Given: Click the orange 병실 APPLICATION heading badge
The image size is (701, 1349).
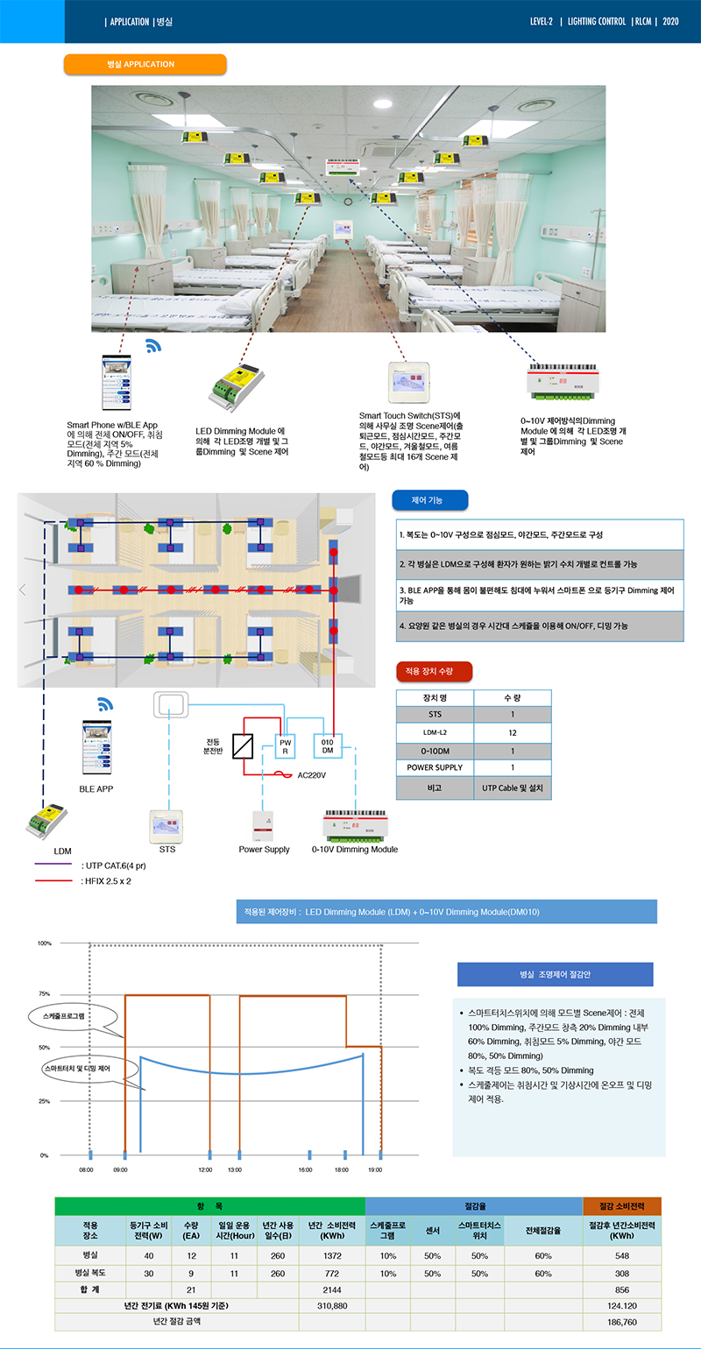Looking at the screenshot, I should click(x=145, y=64).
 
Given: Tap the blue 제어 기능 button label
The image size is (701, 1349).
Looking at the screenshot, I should click(x=429, y=500).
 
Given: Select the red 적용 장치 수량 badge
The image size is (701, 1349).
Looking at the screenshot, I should click(x=435, y=671).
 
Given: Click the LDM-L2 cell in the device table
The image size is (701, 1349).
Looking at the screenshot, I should click(x=435, y=732).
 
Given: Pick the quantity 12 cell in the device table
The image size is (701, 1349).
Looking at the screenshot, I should click(x=513, y=732).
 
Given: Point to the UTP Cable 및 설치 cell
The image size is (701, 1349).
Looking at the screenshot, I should click(x=513, y=788).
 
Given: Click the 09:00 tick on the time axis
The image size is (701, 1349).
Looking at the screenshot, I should click(x=120, y=1169).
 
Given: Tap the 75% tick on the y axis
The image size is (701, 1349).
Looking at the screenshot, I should click(x=44, y=994).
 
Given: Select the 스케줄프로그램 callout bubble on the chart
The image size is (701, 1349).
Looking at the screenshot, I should click(x=69, y=1017).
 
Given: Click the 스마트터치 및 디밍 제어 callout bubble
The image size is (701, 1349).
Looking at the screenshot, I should click(x=88, y=1070).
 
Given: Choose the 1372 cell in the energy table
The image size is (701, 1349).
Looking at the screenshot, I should click(x=331, y=1255).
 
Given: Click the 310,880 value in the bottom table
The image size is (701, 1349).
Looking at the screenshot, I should click(x=331, y=1305).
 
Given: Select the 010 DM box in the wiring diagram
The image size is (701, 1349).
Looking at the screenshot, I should click(x=327, y=745).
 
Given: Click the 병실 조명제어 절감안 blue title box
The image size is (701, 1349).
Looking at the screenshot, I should click(x=555, y=974).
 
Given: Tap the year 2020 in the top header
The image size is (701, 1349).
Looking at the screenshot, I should click(x=670, y=21).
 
